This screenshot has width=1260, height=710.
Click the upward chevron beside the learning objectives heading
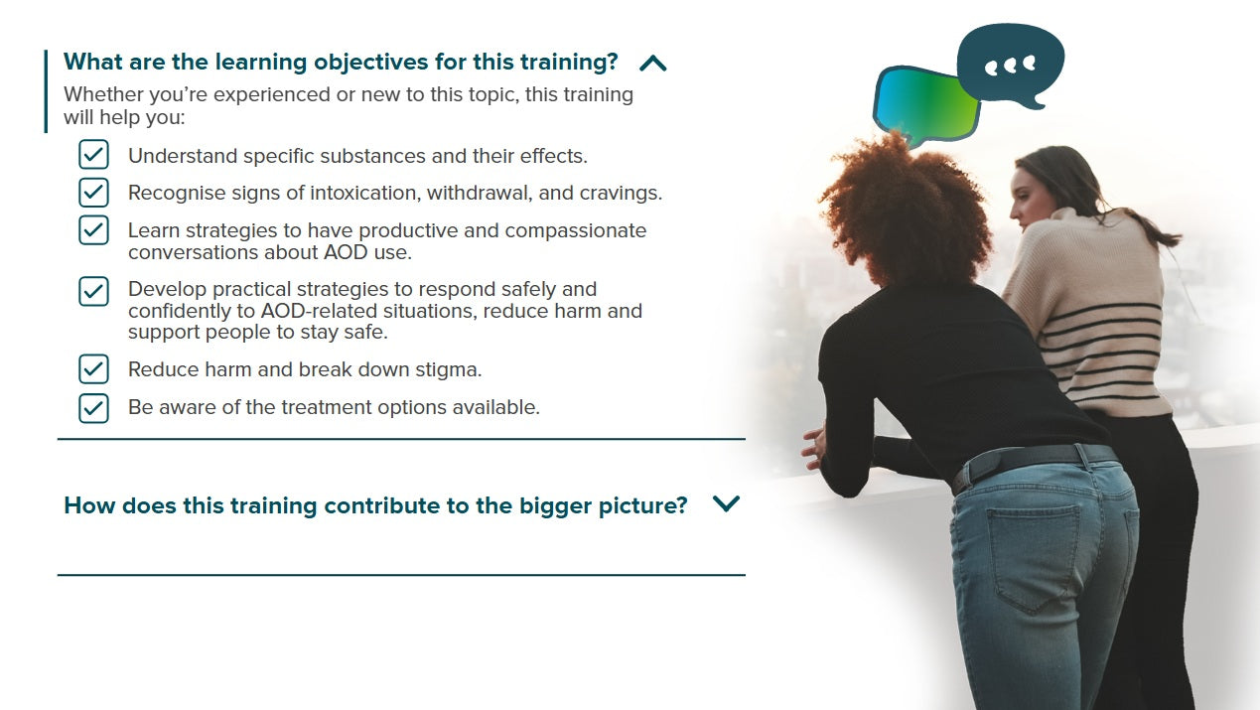click(653, 64)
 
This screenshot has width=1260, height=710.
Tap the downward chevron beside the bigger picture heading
click(726, 503)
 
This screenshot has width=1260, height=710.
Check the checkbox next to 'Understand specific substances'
click(93, 155)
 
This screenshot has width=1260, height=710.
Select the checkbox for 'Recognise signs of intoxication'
click(93, 193)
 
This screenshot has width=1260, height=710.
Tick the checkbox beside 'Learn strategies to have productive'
click(93, 230)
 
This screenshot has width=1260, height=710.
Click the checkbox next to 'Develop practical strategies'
click(93, 291)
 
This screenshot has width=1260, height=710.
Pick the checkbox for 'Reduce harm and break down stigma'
click(93, 369)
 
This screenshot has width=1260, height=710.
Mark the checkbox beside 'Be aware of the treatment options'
click(93, 408)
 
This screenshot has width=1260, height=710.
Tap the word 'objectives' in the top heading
click(371, 63)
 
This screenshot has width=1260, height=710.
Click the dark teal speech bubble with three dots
click(1011, 66)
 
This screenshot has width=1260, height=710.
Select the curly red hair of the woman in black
click(907, 209)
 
